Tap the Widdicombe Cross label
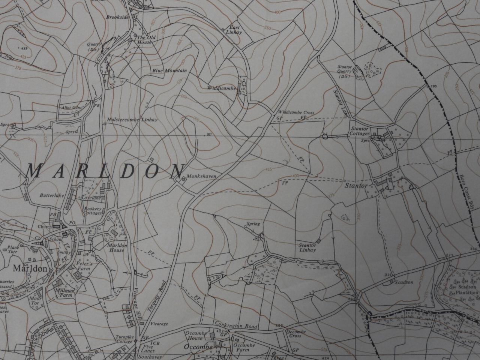pos(295,112)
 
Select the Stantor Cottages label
pos(360,131)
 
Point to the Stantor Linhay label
pos(307,247)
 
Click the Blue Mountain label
pos(169,70)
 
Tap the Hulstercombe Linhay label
pos(132,120)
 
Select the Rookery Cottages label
pos(93,211)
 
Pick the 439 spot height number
pos(25,49)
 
